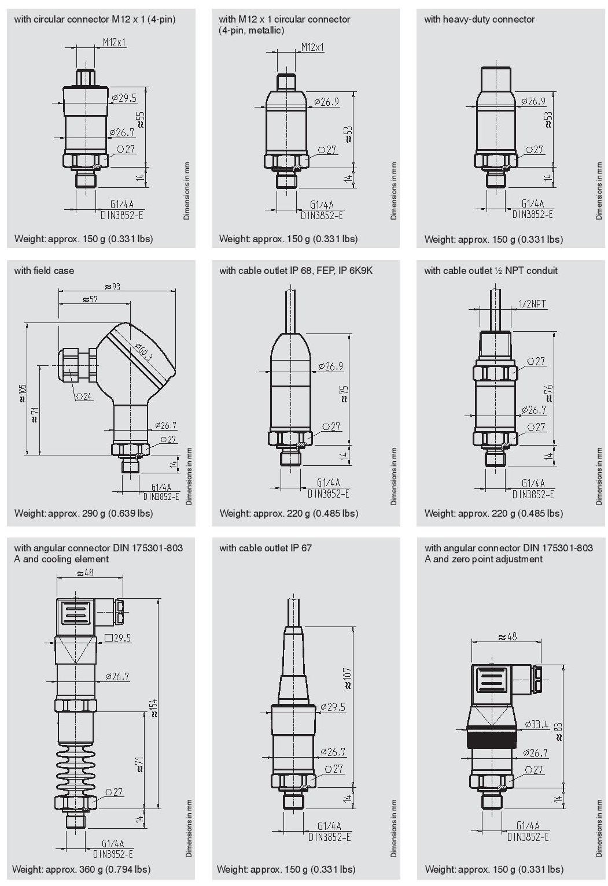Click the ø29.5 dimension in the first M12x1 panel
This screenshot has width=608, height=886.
pyautogui.click(x=124, y=98)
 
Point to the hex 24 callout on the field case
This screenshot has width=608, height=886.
pyautogui.click(x=84, y=396)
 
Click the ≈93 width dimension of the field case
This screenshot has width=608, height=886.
pyautogui.click(x=113, y=286)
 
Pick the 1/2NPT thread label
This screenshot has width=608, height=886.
pyautogui.click(x=532, y=304)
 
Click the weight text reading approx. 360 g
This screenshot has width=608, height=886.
pyautogui.click(x=81, y=869)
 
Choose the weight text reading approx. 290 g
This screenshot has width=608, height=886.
pyautogui.click(x=83, y=513)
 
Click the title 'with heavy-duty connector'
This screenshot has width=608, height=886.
pyautogui.click(x=479, y=19)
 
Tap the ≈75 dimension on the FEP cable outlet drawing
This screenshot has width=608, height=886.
pyautogui.click(x=344, y=392)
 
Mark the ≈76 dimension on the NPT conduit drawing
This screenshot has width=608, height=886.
pyautogui.click(x=548, y=392)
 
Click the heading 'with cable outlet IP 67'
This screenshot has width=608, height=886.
pyautogui.click(x=265, y=547)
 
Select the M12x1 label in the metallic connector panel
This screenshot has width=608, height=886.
pyautogui.click(x=312, y=47)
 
